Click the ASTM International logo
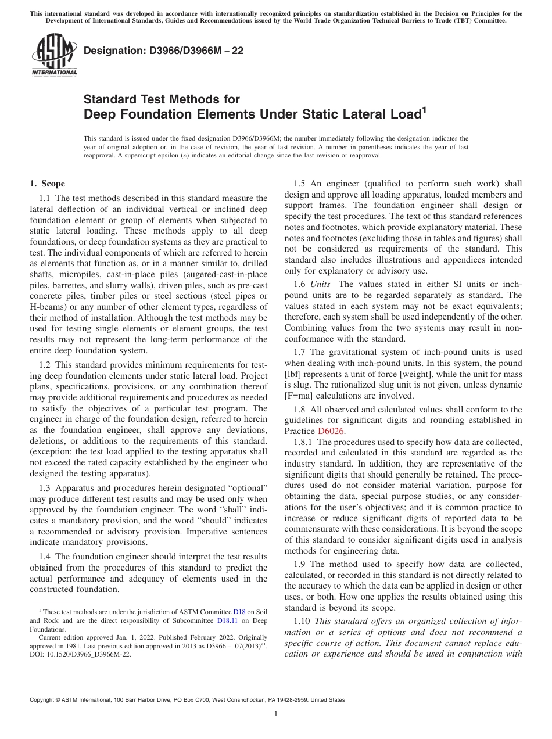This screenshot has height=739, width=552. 54,56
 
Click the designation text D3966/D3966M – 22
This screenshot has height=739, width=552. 163,51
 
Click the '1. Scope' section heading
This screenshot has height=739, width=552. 47,184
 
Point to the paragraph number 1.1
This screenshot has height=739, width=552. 45,199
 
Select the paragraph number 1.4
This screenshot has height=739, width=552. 45,557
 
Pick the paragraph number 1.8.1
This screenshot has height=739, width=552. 304,442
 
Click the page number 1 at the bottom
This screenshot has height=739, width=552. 276,714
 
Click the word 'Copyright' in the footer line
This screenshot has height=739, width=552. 43,700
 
